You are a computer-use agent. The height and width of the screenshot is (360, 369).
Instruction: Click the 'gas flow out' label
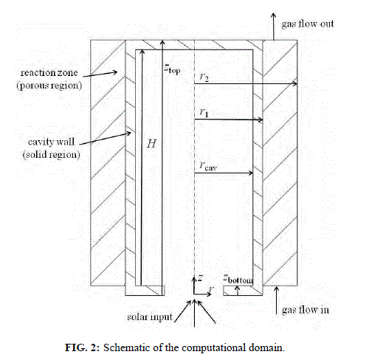308,24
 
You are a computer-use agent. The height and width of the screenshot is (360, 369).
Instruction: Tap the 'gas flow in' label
306,310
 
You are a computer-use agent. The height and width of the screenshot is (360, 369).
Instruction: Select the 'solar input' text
150,317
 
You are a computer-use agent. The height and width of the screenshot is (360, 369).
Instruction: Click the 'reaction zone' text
49,72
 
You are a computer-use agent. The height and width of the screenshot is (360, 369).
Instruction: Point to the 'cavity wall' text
51,142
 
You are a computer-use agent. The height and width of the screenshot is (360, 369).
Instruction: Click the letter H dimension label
151,144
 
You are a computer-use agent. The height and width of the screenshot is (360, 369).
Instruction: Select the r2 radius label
204,77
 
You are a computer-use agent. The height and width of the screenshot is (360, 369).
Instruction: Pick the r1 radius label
204,113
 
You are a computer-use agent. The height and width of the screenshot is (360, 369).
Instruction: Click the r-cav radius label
208,166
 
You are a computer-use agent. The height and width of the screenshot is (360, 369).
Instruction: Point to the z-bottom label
238,279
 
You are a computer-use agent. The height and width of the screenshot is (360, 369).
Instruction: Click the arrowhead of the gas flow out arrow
274,14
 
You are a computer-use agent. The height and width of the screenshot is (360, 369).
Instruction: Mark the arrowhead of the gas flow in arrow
277,288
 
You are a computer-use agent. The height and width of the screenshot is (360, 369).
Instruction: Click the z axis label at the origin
200,278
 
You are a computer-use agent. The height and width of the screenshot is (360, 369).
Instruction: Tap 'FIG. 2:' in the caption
82,347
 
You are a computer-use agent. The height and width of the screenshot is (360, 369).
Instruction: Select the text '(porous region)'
49,86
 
